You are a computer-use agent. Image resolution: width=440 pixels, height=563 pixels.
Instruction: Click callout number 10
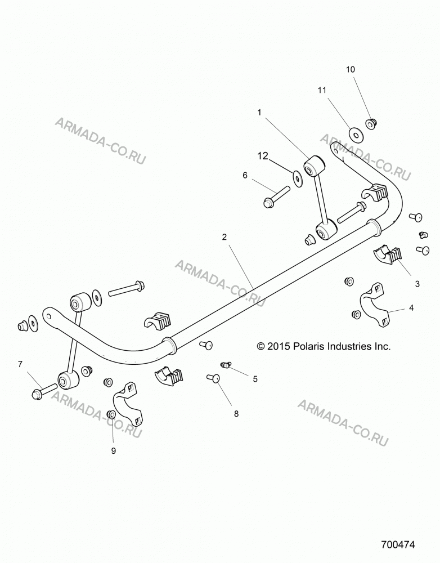pyautogui.click(x=351, y=69)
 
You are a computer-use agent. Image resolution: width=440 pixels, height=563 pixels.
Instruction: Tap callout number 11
pyautogui.click(x=322, y=90)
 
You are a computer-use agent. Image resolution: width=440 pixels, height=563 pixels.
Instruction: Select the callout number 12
pyautogui.click(x=263, y=156)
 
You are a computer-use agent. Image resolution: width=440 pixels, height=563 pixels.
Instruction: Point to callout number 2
pyautogui.click(x=225, y=237)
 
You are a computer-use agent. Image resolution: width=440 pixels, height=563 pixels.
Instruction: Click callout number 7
pyautogui.click(x=20, y=364)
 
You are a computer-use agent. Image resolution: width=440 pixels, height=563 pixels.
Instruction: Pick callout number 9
pyautogui.click(x=114, y=450)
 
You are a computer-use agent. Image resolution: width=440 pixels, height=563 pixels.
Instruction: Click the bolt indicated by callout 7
pyautogui.click(x=44, y=390)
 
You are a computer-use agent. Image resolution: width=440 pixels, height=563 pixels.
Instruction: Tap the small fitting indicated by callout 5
pyautogui.click(x=225, y=365)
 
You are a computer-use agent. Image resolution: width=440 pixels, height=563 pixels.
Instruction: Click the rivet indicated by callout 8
pyautogui.click(x=213, y=378)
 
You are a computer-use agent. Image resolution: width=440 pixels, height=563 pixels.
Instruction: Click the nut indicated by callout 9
pyautogui.click(x=111, y=415)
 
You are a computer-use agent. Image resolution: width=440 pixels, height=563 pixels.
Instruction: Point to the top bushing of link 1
pyautogui.click(x=314, y=166)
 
